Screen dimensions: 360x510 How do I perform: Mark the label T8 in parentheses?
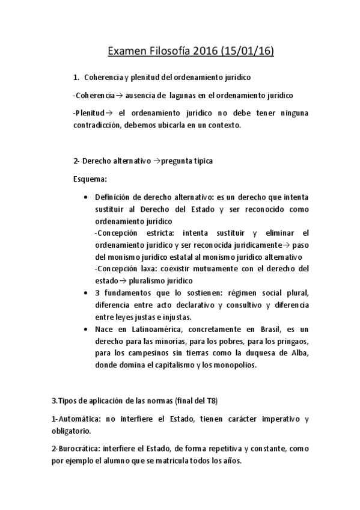[x=210, y=401]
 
